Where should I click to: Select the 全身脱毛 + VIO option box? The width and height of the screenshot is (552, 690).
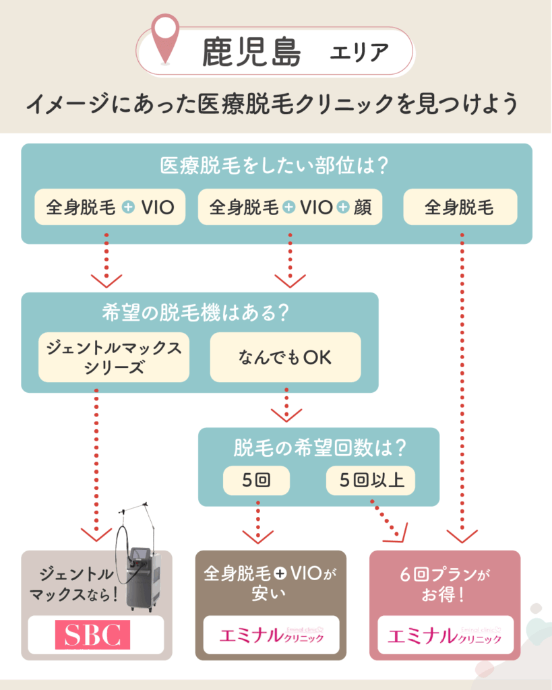tap(110, 208)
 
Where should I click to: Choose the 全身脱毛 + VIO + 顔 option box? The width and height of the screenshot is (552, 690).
tap(290, 208)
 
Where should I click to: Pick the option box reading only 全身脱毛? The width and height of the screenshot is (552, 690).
tap(460, 208)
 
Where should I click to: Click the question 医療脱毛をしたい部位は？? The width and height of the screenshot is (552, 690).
tap(276, 165)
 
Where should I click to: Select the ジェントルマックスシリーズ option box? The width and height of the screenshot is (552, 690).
tap(114, 357)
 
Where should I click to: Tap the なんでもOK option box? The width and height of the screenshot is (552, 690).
tap(285, 357)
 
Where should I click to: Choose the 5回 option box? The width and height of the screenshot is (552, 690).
tap(257, 480)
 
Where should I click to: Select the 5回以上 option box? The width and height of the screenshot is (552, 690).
tap(371, 480)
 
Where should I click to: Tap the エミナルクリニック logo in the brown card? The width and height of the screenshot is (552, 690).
tap(271, 635)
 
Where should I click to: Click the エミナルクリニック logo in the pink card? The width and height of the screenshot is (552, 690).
tap(445, 635)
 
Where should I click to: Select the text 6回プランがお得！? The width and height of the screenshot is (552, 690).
tap(445, 586)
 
